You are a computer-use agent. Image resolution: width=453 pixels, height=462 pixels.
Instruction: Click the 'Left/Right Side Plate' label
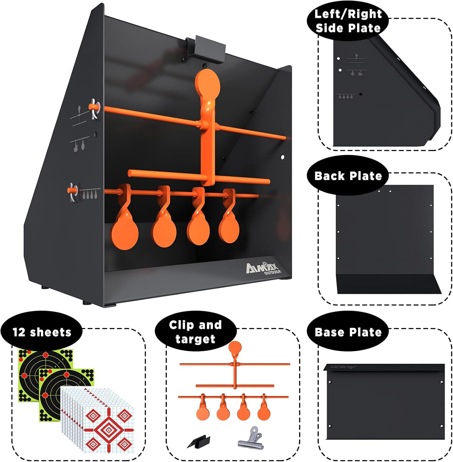click(x=348, y=21)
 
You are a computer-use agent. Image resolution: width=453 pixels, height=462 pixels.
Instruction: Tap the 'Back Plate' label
click(x=348, y=176)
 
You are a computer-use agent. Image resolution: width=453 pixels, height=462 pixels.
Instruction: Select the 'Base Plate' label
click(x=348, y=332)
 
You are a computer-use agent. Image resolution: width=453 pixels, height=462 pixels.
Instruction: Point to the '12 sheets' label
click(x=42, y=332)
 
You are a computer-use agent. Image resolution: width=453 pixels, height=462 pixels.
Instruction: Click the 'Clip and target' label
click(x=195, y=332)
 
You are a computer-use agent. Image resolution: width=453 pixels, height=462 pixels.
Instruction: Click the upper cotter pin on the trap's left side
click(x=94, y=109)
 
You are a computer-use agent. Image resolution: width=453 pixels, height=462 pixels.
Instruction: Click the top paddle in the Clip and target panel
click(x=235, y=348)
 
